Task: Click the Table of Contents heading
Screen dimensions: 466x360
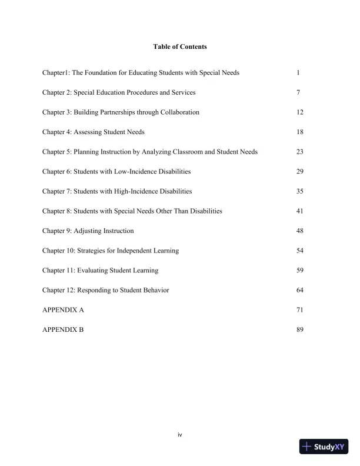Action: pyautogui.click(x=179, y=46)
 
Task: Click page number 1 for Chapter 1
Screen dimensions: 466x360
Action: pyautogui.click(x=298, y=73)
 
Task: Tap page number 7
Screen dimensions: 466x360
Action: pyautogui.click(x=298, y=92)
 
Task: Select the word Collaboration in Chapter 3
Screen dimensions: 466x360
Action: pyautogui.click(x=179, y=112)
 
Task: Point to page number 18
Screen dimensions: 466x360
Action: pyautogui.click(x=300, y=132)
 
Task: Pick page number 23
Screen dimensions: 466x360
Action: pyautogui.click(x=300, y=152)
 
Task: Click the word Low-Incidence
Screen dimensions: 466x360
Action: pyautogui.click(x=133, y=172)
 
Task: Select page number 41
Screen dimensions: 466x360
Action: pyautogui.click(x=300, y=211)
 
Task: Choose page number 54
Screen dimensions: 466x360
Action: pyautogui.click(x=300, y=251)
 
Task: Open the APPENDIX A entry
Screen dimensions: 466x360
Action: pyautogui.click(x=63, y=310)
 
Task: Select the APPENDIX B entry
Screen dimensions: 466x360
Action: pyautogui.click(x=63, y=329)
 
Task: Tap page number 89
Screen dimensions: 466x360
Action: pyautogui.click(x=300, y=329)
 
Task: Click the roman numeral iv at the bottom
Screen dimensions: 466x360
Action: pyautogui.click(x=180, y=435)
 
